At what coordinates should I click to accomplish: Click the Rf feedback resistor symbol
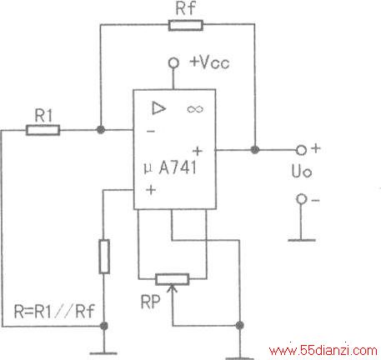click(186, 25)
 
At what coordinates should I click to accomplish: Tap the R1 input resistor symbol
click(43, 130)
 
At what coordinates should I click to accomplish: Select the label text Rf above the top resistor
click(186, 7)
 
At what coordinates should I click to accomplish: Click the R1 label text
click(43, 115)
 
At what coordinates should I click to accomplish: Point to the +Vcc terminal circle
click(173, 63)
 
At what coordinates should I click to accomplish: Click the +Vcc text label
click(209, 62)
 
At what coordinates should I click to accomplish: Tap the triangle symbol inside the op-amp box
click(159, 108)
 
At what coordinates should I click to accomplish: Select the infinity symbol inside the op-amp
click(195, 109)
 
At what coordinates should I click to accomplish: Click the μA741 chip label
click(170, 167)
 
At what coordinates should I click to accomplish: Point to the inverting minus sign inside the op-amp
click(151, 131)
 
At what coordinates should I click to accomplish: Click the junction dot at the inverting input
click(101, 129)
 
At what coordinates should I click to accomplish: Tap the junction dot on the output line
click(255, 150)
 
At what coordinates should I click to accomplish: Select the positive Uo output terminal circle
click(301, 150)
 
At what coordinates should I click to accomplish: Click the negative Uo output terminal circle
click(301, 199)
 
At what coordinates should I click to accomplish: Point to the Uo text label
click(302, 171)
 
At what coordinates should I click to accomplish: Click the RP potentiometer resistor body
click(173, 279)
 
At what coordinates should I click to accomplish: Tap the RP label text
click(151, 302)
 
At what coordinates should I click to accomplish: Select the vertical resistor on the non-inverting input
click(104, 257)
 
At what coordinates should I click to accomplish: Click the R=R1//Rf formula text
click(54, 311)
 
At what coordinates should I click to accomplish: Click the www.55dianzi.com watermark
click(323, 351)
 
